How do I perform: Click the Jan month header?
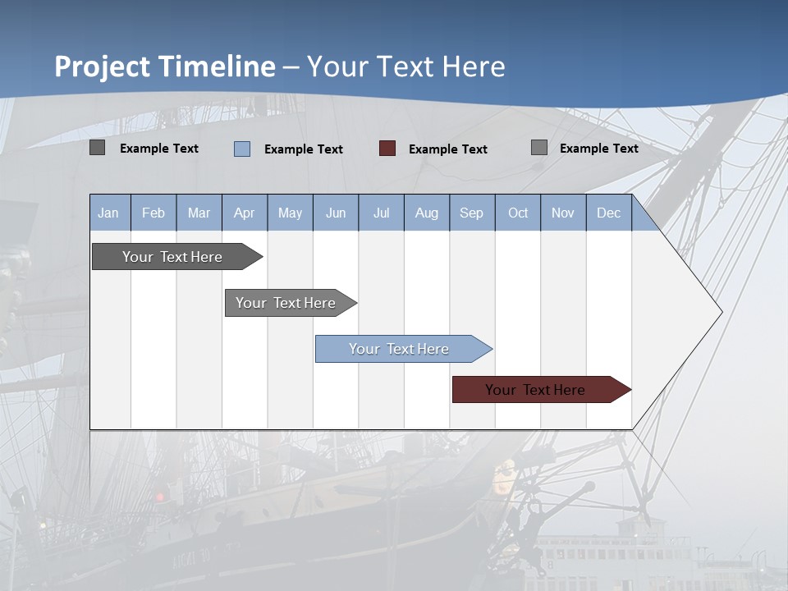[x=108, y=213]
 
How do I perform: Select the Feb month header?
[x=153, y=213]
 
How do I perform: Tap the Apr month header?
[x=245, y=213]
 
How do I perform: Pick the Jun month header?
[x=336, y=213]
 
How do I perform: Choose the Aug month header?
[x=427, y=213]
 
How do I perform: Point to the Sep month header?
[x=472, y=213]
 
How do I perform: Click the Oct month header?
[x=518, y=213]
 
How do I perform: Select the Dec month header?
[x=609, y=213]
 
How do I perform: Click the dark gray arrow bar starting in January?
[x=173, y=257]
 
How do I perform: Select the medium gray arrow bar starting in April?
[x=286, y=303]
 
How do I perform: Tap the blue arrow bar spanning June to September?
[x=399, y=349]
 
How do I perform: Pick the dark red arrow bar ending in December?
[x=535, y=390]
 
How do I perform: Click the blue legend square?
[x=242, y=149]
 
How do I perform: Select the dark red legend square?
[x=387, y=148]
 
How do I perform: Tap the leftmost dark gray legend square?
[x=97, y=148]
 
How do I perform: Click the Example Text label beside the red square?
[x=448, y=149]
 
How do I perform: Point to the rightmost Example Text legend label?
[x=599, y=148]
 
